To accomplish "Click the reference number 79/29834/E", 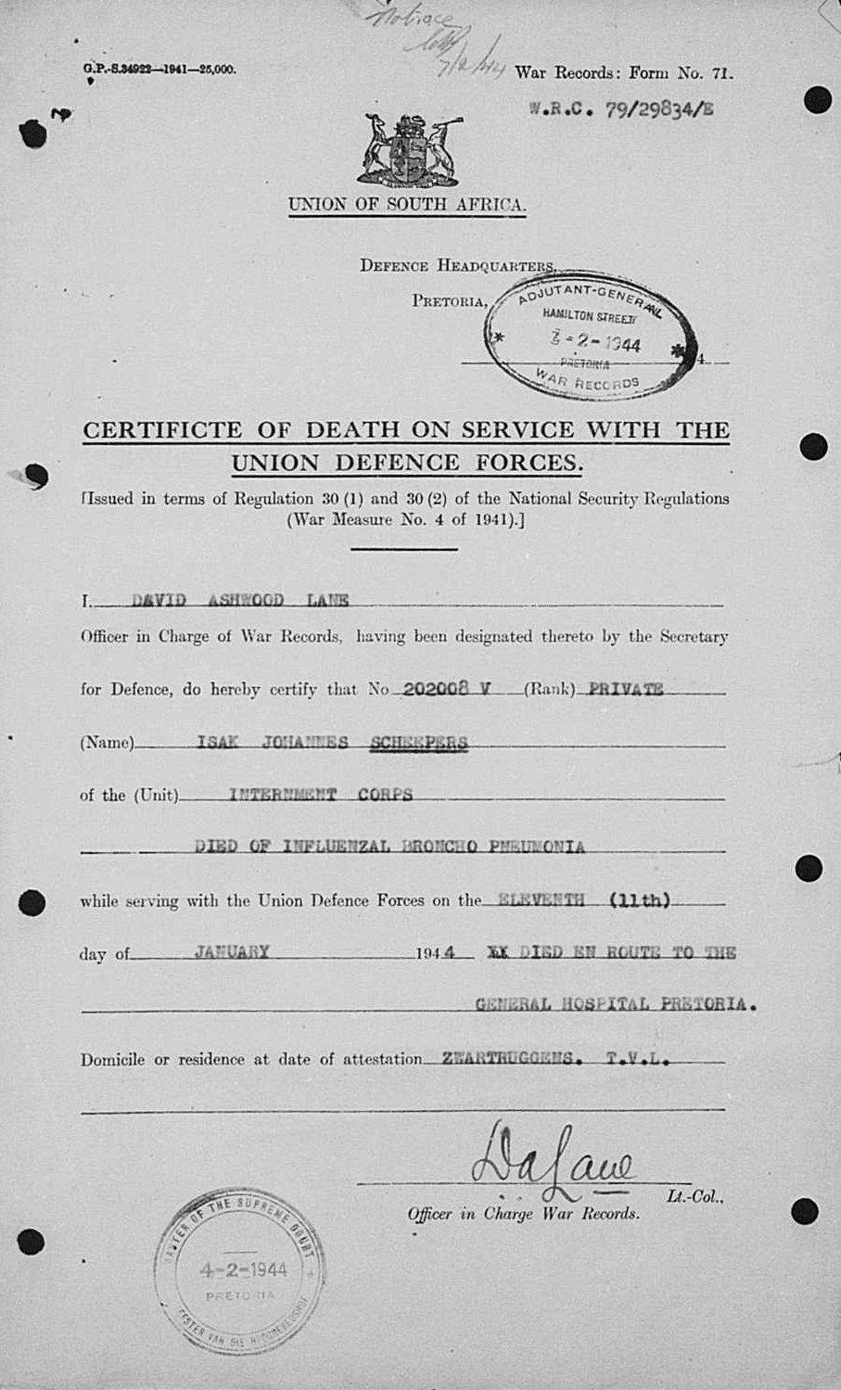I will point(659,110).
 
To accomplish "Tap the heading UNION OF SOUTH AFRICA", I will point(407,205).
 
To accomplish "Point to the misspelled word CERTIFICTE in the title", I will point(162,430).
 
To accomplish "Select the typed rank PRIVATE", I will point(626,689).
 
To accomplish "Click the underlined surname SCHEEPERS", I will point(418,742).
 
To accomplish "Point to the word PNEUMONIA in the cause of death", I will point(538,847).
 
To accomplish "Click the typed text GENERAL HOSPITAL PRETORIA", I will point(615,1004).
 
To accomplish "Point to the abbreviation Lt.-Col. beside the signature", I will point(694,1197).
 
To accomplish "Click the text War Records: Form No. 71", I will point(623,73).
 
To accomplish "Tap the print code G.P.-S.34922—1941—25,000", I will point(159,69).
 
